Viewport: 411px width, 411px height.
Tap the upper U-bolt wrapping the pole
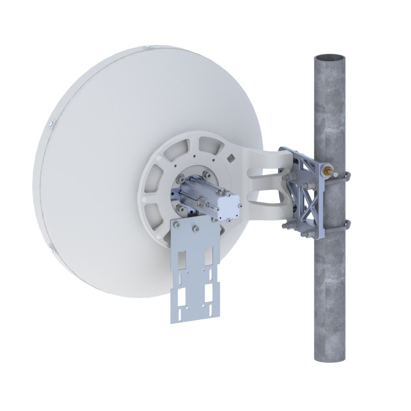coord(346,176)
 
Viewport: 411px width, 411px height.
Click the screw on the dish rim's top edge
coord(146,48)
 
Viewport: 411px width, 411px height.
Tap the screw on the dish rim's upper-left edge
coord(50,123)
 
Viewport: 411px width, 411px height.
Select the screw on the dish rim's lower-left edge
coord(50,247)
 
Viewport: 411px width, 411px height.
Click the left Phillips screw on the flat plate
coord(177,224)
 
